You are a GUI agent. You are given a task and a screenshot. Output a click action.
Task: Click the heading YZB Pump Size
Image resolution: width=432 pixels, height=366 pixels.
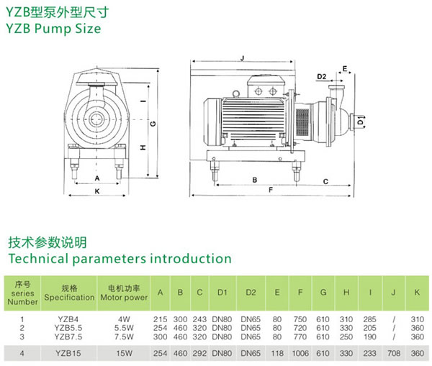point(54,29)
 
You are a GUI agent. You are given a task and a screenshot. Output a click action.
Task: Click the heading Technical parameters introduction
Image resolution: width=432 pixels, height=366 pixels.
point(120,258)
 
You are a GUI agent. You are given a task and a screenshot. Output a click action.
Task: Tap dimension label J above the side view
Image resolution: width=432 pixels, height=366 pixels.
point(243,58)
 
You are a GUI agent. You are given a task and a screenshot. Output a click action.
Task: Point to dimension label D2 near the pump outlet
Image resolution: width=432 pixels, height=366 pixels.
point(321,76)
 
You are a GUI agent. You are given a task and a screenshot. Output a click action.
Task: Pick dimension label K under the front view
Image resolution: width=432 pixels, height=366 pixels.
point(96,191)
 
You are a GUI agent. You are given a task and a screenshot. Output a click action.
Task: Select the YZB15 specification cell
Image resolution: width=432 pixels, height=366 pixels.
point(69,353)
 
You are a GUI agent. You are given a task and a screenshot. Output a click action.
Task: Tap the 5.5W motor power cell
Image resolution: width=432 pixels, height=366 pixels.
point(124,326)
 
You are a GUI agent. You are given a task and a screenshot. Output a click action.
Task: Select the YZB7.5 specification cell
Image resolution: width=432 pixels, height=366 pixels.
point(69,335)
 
